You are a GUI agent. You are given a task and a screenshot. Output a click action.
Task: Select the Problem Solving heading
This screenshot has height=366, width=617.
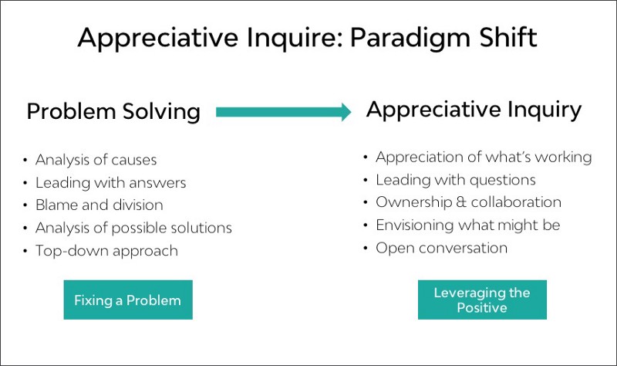tap(113, 112)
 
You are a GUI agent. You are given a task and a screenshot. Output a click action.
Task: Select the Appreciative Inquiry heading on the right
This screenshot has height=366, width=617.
tap(474, 110)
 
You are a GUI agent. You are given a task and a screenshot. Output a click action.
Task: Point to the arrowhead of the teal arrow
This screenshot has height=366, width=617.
tap(344, 112)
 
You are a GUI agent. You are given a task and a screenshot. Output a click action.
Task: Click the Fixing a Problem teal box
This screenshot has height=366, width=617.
tap(127, 300)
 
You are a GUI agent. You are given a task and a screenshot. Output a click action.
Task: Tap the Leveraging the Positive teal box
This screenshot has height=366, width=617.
tap(482, 300)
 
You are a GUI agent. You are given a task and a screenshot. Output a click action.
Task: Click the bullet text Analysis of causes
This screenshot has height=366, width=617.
tap(96, 161)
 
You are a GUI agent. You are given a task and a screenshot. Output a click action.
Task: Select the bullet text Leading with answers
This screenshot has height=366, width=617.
tap(110, 183)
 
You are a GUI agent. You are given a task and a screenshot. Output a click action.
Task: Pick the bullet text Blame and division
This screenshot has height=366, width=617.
tap(99, 205)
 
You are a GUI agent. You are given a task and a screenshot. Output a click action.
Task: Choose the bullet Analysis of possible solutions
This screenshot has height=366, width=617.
tap(133, 228)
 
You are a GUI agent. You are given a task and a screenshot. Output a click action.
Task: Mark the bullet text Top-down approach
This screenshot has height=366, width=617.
tap(106, 251)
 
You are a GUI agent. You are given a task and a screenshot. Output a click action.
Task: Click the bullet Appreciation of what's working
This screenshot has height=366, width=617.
tap(484, 158)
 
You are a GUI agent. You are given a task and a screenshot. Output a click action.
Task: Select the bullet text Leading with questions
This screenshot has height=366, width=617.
tap(455, 180)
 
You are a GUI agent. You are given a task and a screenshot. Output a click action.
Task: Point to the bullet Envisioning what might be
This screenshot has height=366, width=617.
tap(467, 225)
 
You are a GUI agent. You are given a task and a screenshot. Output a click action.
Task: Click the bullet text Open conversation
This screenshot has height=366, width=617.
tap(441, 248)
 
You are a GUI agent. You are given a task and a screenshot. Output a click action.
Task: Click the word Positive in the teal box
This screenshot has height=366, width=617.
tap(482, 307)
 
